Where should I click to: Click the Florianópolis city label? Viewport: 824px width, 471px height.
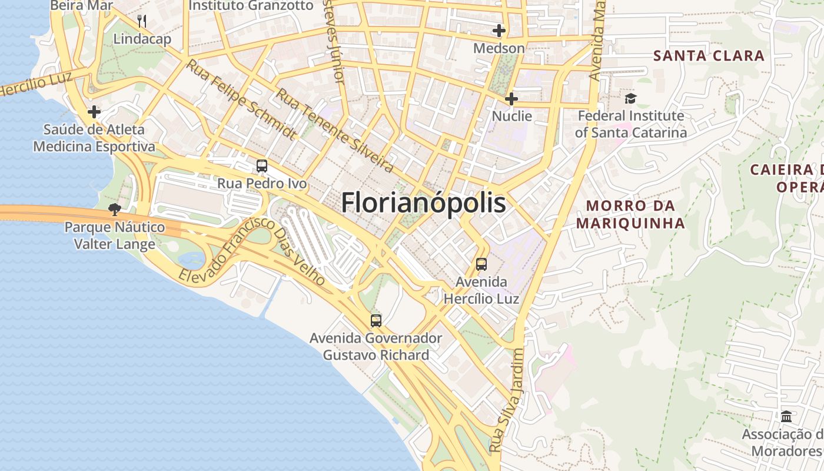(x=423, y=203)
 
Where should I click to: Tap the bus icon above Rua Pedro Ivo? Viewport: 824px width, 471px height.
(x=262, y=166)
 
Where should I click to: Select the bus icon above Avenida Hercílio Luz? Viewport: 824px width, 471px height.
(x=481, y=264)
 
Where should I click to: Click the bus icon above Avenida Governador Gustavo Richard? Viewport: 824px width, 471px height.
(x=376, y=321)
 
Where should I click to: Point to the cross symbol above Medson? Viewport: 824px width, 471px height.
(x=499, y=31)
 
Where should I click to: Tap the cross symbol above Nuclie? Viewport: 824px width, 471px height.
(x=511, y=98)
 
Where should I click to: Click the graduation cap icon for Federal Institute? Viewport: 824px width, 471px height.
(x=630, y=98)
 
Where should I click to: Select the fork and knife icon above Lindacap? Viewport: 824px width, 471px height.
(x=142, y=22)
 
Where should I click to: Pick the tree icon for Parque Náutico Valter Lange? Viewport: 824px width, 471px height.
(x=115, y=209)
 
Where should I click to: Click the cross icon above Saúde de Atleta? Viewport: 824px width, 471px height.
(x=94, y=111)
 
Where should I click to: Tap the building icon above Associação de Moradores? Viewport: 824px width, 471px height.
(x=786, y=416)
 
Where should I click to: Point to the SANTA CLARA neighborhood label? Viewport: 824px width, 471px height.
(x=709, y=56)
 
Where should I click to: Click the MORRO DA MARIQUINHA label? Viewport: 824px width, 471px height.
(x=630, y=215)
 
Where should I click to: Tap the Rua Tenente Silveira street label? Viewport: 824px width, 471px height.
(x=335, y=131)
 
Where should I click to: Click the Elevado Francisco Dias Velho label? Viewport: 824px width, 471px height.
(x=252, y=251)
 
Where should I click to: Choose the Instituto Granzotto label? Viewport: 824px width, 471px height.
(x=251, y=5)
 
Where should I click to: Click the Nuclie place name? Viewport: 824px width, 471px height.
(x=511, y=116)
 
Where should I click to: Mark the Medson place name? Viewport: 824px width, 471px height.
(x=499, y=48)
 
